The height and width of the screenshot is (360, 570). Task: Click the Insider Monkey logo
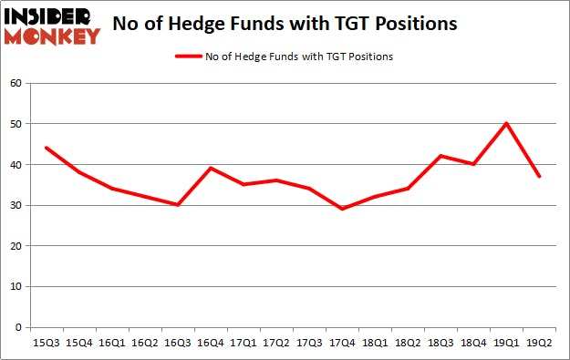click(52, 25)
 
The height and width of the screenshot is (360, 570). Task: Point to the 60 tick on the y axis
click(18, 83)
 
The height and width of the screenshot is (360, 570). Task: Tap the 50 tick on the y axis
click(18, 123)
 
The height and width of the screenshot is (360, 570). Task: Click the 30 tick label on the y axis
click(18, 205)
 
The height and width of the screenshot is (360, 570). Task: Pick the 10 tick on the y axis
click(18, 286)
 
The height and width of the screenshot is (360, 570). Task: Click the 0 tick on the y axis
click(22, 327)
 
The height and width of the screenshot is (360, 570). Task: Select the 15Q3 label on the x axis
click(46, 345)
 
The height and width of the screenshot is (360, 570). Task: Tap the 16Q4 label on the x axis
click(210, 345)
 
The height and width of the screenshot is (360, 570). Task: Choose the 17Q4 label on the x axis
click(342, 345)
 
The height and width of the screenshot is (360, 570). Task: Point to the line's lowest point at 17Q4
click(342, 209)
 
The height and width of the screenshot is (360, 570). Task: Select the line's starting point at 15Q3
click(46, 148)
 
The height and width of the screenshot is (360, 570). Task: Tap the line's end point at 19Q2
click(540, 176)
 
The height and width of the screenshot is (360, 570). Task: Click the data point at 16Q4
click(210, 168)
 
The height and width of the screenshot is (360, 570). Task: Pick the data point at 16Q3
click(177, 205)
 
